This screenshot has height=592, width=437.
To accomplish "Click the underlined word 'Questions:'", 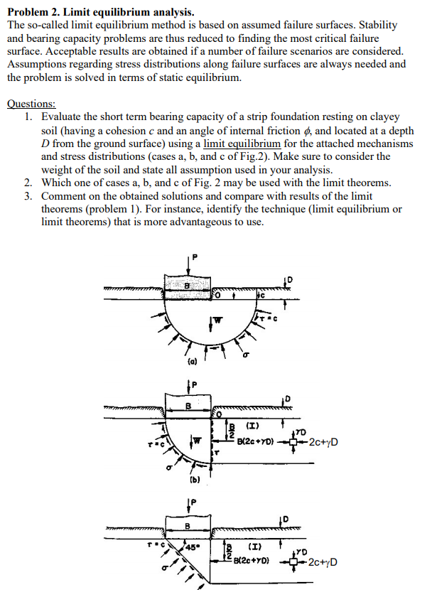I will [31, 103].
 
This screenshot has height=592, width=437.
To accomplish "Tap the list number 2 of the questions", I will [28, 182].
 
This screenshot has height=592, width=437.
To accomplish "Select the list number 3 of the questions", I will [28, 195].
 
